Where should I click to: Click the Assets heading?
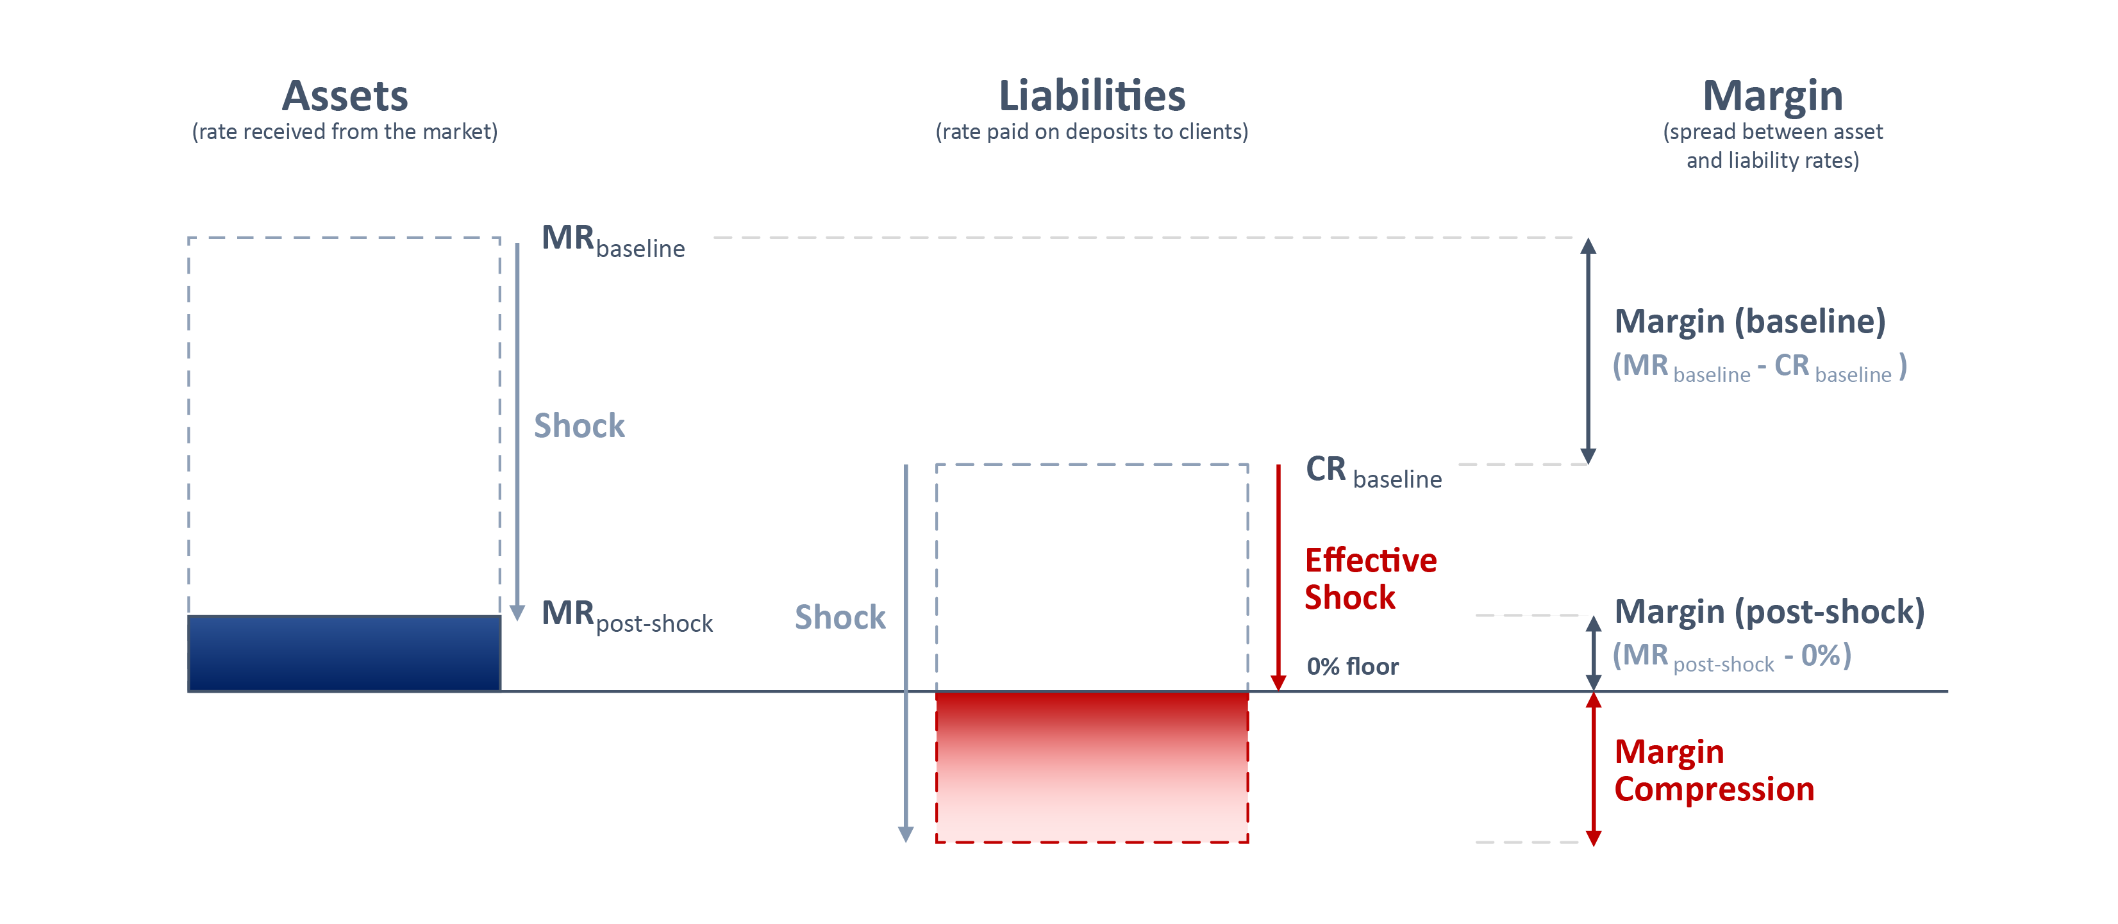coord(344,96)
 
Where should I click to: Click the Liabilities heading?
coord(1092,96)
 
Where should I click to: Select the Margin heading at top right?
coord(1772,97)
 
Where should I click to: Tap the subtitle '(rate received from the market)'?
coord(344,131)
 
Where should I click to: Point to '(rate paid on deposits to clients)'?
coord(1092,131)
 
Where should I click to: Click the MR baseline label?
coord(613,241)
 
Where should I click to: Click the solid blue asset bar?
coord(344,654)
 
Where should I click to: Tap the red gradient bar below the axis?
coord(1092,767)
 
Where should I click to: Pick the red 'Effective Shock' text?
coord(1371,579)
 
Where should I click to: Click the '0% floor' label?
coord(1353,666)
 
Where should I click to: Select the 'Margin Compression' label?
coord(1714,770)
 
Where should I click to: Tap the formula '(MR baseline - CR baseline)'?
coord(1760,367)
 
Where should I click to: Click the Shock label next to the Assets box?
coord(580,426)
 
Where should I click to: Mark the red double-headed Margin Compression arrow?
coord(1594,769)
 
